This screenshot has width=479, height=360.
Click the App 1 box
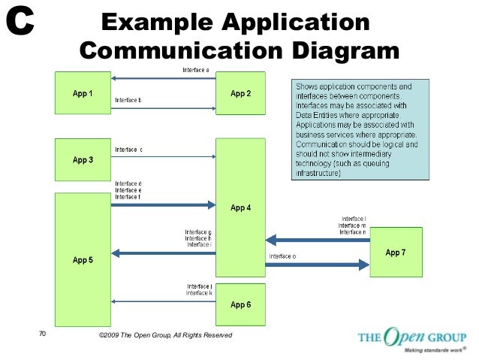click(x=83, y=94)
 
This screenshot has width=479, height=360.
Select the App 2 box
click(x=240, y=94)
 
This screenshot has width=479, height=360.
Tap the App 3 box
click(x=83, y=159)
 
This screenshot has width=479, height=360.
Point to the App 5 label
click(x=83, y=260)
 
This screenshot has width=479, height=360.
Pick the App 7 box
click(x=396, y=253)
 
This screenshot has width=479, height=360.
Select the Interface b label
click(x=128, y=100)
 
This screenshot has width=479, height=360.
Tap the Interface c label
click(x=128, y=150)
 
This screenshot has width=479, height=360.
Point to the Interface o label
click(x=282, y=256)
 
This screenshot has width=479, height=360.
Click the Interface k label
click(x=199, y=292)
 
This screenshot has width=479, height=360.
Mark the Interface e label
click(x=128, y=190)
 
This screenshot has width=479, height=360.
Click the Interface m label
click(x=352, y=225)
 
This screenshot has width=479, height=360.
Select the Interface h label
click(x=199, y=238)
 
